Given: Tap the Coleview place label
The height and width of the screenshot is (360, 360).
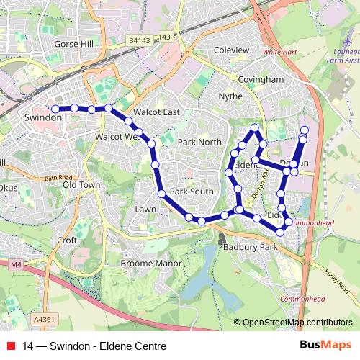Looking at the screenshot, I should (x=232, y=50).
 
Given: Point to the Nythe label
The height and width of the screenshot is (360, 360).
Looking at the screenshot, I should (x=230, y=95).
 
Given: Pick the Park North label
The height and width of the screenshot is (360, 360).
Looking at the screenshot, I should (x=200, y=142).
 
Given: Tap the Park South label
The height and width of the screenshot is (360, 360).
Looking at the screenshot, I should (x=192, y=192).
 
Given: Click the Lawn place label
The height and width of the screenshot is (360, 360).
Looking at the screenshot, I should (x=145, y=209).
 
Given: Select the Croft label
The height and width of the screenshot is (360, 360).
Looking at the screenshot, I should (x=67, y=240).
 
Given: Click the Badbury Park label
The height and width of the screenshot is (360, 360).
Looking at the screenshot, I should (x=250, y=247).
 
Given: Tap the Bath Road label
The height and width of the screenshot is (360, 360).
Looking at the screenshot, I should (x=58, y=178).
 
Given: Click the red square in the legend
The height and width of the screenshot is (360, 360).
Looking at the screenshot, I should (x=11, y=346).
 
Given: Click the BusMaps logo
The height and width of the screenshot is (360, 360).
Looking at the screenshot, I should (x=325, y=346).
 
